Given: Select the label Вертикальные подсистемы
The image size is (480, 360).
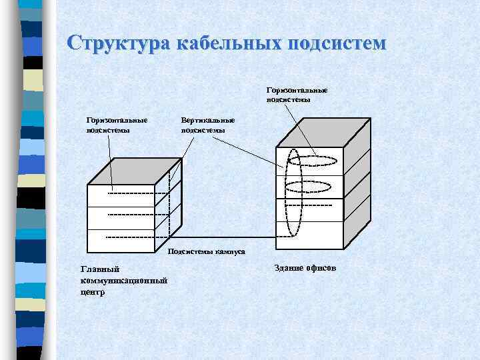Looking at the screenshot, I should point(207,125).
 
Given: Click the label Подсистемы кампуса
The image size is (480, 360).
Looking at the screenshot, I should point(207,252).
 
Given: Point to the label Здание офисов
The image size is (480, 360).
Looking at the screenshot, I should point(306,267).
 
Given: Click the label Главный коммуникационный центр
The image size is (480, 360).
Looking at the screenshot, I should point(123,280).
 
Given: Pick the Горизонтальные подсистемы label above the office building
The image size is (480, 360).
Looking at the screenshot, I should point(297,94).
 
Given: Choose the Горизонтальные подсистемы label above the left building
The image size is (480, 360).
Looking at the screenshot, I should point(117,125).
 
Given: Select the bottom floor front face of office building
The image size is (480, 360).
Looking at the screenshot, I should point(310,233).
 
